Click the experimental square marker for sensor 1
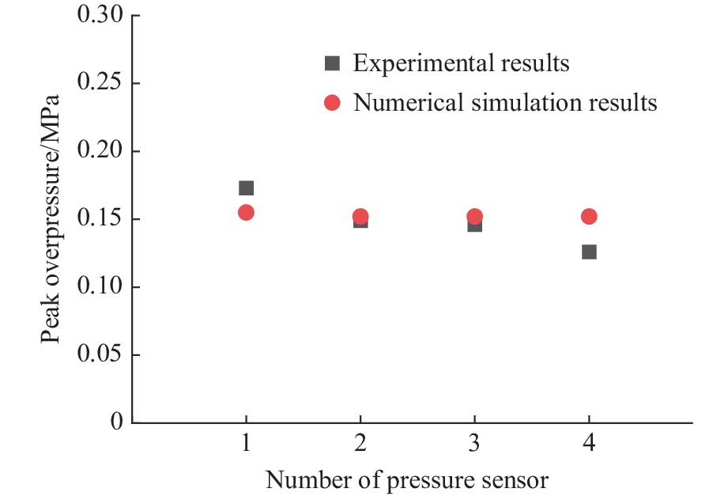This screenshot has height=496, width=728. [x=246, y=188]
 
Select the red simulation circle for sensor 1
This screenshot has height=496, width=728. [x=246, y=212]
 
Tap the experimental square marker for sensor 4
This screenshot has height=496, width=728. [x=589, y=252]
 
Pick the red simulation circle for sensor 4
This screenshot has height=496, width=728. [x=589, y=216]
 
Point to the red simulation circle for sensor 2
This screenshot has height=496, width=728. [x=360, y=216]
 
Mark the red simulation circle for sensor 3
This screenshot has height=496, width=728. [x=474, y=216]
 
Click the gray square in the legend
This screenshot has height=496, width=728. [x=333, y=63]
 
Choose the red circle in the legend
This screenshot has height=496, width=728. [x=333, y=103]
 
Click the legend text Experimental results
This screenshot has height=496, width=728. [x=461, y=63]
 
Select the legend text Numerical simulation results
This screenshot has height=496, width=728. [x=505, y=103]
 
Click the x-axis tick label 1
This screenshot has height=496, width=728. [x=246, y=445]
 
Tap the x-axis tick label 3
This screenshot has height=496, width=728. [x=474, y=445]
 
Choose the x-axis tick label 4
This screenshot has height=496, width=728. [x=589, y=445]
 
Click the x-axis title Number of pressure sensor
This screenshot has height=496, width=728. [x=406, y=479]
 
